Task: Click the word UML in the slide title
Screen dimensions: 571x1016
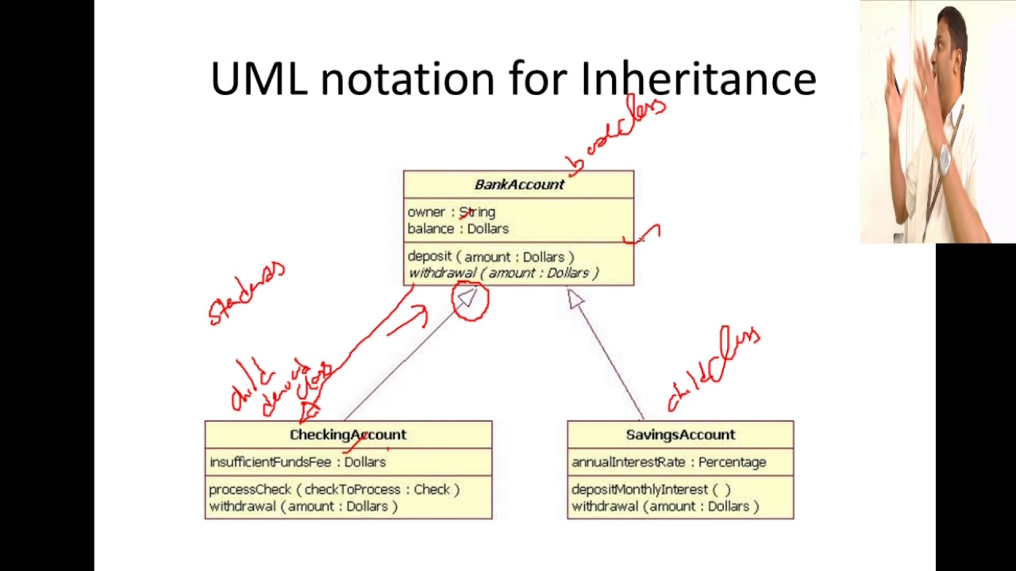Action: tap(259, 79)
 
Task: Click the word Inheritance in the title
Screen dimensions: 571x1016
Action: tap(698, 79)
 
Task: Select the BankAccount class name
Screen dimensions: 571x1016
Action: tap(519, 185)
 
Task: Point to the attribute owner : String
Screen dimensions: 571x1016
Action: tap(451, 213)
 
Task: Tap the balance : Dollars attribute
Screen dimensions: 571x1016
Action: tap(458, 229)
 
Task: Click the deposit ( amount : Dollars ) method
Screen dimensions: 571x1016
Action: tap(491, 257)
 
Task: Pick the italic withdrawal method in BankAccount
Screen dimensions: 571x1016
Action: tap(503, 274)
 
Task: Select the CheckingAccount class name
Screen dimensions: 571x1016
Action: tap(348, 435)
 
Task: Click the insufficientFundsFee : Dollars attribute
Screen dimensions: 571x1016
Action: tap(298, 462)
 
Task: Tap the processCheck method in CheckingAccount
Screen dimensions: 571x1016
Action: tap(334, 490)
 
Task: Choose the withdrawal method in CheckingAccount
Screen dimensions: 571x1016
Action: tap(303, 507)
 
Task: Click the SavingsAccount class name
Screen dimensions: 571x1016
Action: tap(680, 435)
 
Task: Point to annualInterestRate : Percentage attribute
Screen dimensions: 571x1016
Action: tap(668, 462)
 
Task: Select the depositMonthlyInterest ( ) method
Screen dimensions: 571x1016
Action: tap(651, 490)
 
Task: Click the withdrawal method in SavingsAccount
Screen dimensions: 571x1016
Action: tap(665, 507)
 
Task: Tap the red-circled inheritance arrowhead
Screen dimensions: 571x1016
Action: tap(468, 299)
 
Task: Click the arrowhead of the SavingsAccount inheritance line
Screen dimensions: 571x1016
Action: tap(575, 299)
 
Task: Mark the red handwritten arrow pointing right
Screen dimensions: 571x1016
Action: tap(410, 321)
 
